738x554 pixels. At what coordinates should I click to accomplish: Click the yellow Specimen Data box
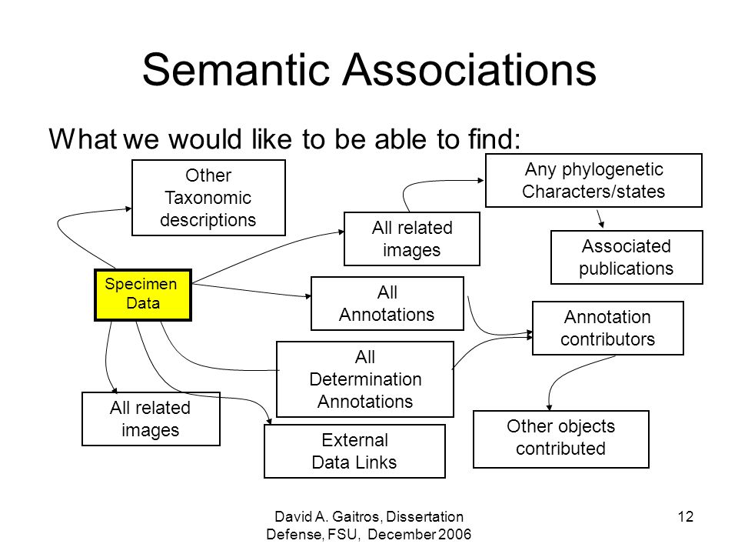(143, 295)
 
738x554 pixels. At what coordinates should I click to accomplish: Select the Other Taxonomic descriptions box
(208, 198)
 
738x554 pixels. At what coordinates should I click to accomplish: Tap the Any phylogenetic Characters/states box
(593, 180)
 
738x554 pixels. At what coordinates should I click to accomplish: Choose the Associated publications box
(627, 257)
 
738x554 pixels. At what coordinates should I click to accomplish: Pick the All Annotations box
(387, 303)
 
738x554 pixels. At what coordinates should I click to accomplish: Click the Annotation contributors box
(607, 328)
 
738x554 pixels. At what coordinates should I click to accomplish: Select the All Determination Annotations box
(365, 379)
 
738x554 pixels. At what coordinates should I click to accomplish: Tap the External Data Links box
(355, 452)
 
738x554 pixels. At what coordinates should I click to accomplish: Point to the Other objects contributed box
(561, 439)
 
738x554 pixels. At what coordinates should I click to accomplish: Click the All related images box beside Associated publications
(412, 239)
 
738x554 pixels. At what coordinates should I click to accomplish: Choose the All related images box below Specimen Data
(151, 419)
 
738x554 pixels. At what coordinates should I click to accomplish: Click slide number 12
(685, 517)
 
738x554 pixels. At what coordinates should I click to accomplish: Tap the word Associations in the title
(470, 70)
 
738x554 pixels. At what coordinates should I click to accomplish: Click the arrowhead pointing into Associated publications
(601, 225)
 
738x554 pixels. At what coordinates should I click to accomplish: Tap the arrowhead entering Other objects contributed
(549, 407)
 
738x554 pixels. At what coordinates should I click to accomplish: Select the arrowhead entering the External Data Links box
(269, 421)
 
